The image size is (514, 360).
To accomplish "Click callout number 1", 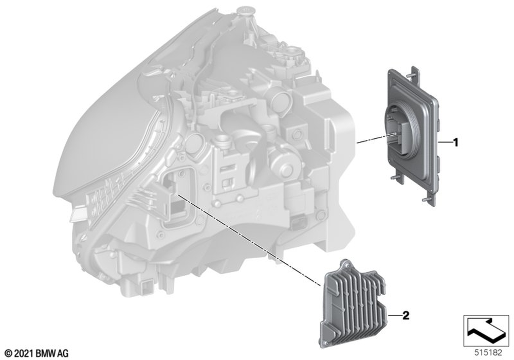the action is tap(455, 142).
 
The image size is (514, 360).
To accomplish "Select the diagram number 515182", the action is tap(488, 353).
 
